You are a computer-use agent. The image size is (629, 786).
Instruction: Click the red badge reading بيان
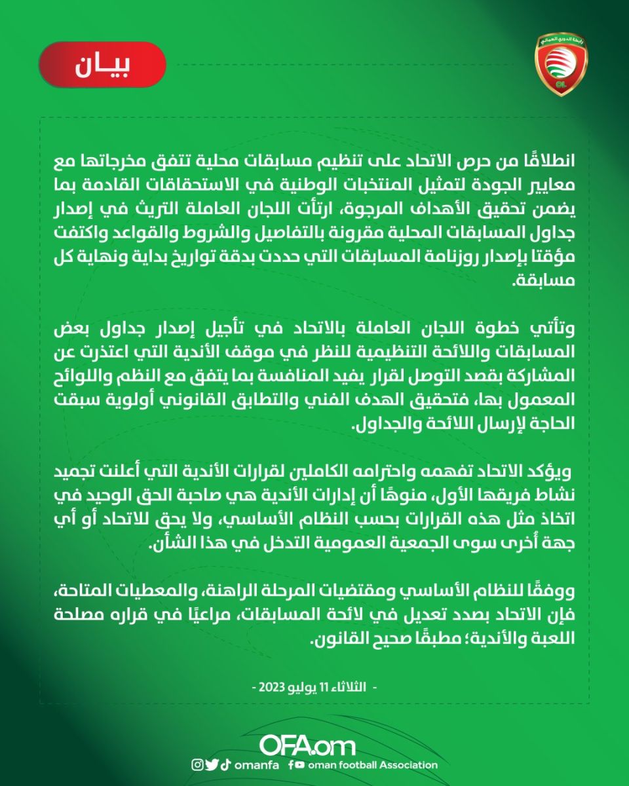pyautogui.click(x=102, y=65)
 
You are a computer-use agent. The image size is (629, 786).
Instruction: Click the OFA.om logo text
pyautogui.click(x=307, y=745)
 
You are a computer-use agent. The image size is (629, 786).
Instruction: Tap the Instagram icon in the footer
pyautogui.click(x=197, y=764)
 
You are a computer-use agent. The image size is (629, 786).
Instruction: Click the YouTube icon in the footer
pyautogui.click(x=300, y=764)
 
